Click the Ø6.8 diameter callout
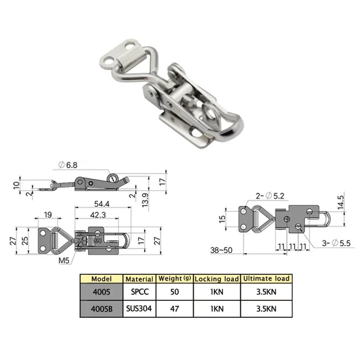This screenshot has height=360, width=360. tap(68, 165)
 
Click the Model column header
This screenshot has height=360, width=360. tap(101, 278)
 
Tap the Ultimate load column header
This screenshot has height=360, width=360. tap(266, 278)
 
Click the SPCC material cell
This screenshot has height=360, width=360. tap(139, 292)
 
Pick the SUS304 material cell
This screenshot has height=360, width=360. tap(139, 308)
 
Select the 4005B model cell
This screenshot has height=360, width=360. tap(101, 308)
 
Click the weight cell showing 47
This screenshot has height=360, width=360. tap(174, 308)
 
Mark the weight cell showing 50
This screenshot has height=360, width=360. tap(174, 292)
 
